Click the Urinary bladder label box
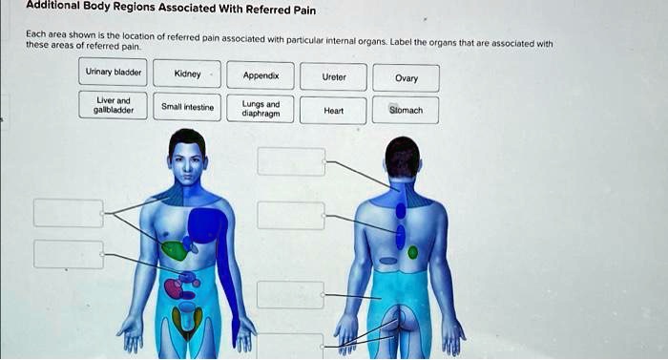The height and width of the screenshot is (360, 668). coord(114,74)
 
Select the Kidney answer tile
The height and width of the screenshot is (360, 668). coord(187,74)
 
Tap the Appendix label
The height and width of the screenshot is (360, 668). coord(261,74)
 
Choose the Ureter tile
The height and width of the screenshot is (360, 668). coord(334,75)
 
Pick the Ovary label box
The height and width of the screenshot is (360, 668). coord(406,77)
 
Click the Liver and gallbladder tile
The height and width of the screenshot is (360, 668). coord(114,105)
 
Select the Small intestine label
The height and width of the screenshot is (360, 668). coord(187,107)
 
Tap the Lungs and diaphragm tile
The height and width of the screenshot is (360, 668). coord(261,107)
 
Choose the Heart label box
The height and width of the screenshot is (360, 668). coord(334,110)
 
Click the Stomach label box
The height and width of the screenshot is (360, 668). coord(406,110)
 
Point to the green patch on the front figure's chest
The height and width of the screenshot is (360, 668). coord(174,250)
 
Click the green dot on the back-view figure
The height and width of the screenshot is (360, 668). coord(412,252)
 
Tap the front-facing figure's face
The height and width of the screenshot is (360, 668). coord(187,159)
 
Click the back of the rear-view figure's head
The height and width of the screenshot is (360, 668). coord(402,156)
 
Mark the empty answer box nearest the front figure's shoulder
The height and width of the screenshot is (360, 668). coord(69,213)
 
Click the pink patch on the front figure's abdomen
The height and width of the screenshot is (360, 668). coord(173,286)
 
